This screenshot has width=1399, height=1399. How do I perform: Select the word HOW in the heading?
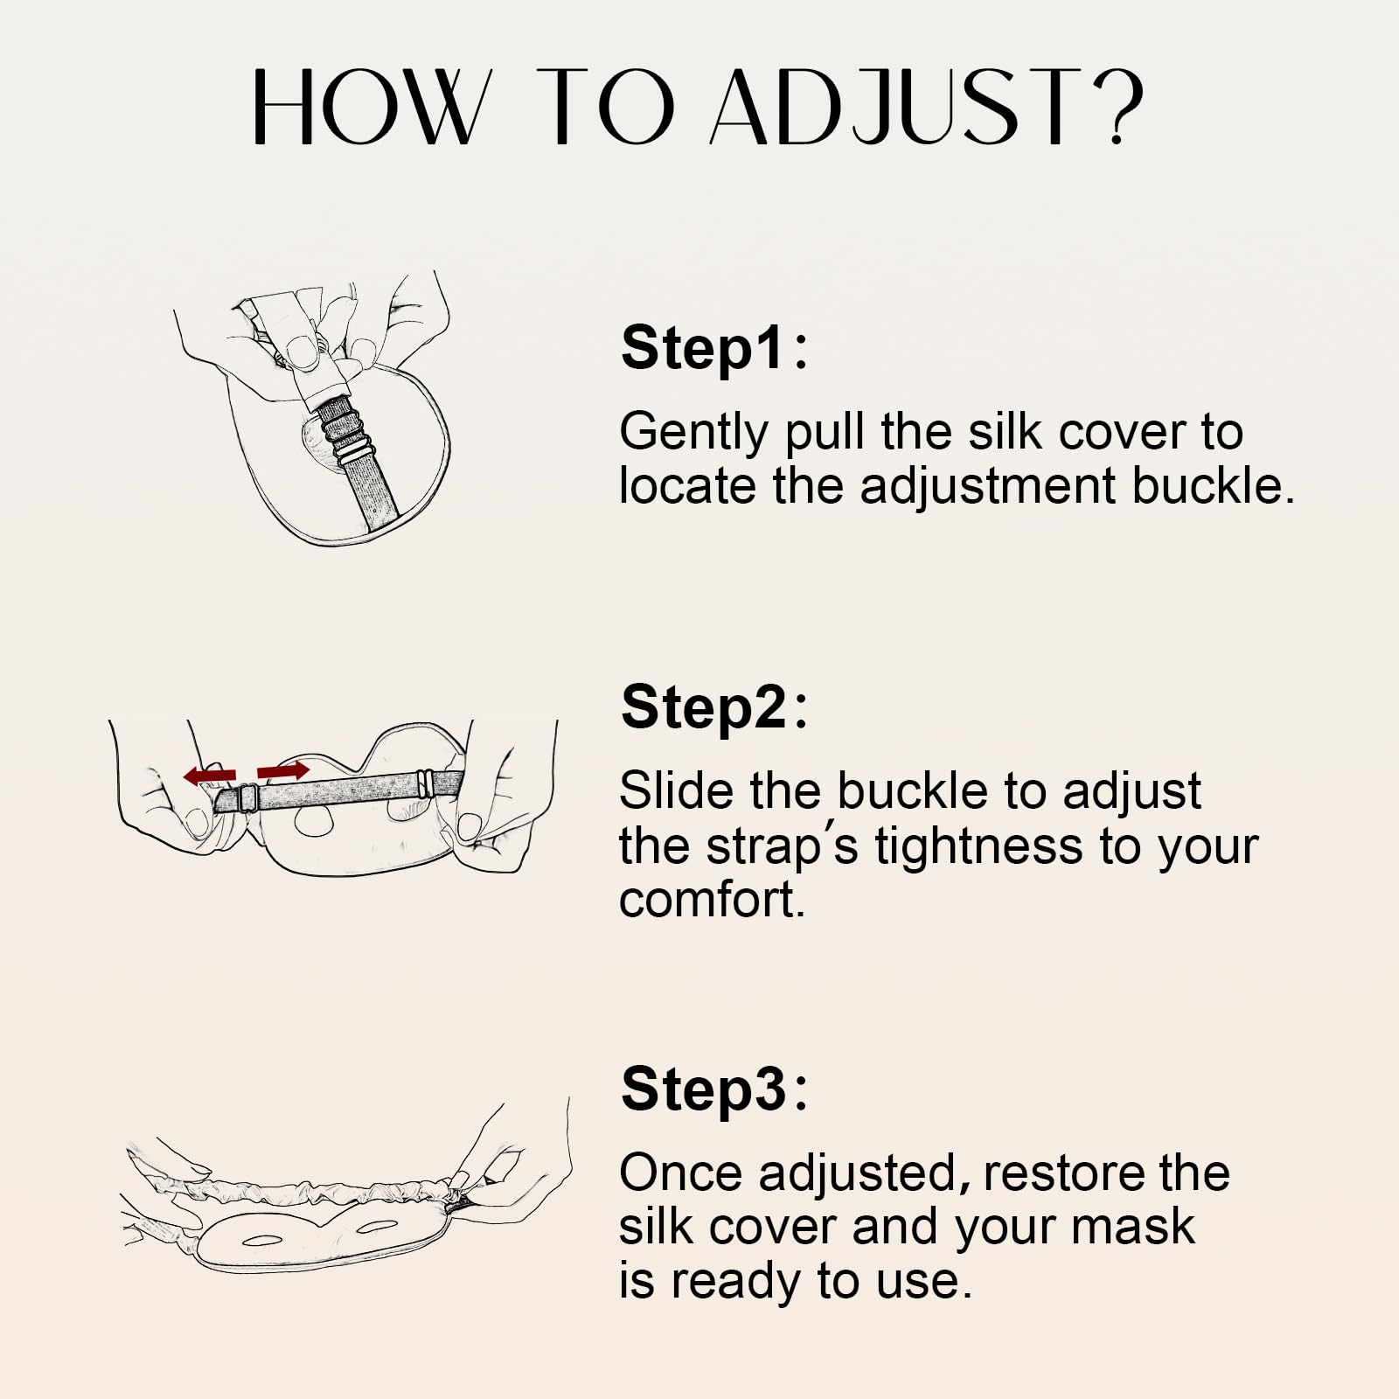(366, 106)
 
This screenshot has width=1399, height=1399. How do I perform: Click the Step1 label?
(713, 348)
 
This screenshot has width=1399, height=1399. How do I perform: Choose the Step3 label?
(713, 1089)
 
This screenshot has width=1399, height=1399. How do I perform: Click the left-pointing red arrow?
(210, 775)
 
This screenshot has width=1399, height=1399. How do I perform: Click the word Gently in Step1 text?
(693, 433)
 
